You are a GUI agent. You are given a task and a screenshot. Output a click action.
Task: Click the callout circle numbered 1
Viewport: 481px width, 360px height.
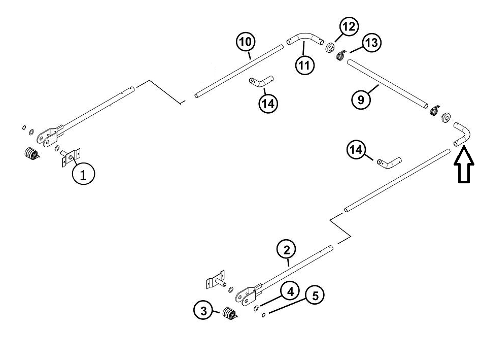coord(83,174)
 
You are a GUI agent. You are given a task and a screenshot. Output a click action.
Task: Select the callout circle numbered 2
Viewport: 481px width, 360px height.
coord(286,249)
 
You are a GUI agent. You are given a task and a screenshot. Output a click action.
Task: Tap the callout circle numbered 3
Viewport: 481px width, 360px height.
coord(203,311)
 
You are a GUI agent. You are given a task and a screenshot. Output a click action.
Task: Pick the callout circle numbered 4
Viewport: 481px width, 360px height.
coord(290,291)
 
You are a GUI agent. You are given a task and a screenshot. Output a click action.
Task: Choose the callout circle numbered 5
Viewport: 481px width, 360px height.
coord(315,295)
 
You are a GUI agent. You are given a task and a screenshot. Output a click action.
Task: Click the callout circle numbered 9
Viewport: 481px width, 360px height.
coord(361,100)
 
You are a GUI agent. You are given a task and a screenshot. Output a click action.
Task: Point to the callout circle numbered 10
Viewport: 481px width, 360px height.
coord(246,42)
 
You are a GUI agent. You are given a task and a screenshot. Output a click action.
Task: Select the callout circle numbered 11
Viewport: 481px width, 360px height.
coord(304,65)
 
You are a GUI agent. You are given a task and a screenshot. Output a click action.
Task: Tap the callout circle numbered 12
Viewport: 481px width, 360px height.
coord(349,27)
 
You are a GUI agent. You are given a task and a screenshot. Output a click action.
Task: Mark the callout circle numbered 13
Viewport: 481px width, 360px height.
coord(372,43)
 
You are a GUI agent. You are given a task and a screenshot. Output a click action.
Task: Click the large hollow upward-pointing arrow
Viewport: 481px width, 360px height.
coord(464,165)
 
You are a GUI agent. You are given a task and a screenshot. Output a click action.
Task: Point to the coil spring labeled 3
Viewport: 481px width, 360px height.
coord(229,314)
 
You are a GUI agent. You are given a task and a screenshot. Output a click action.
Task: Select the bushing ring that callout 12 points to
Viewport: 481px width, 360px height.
coord(330,48)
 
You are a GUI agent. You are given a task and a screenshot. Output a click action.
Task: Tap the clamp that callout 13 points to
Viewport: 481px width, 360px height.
coord(341,55)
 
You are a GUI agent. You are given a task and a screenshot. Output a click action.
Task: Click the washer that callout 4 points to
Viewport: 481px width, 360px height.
coord(256,308)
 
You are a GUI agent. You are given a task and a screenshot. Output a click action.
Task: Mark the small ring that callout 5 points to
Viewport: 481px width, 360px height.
coord(263,315)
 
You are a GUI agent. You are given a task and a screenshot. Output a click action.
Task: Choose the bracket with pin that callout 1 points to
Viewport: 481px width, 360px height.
coord(71,157)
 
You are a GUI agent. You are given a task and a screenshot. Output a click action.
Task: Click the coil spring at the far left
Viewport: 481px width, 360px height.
coord(31,153)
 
